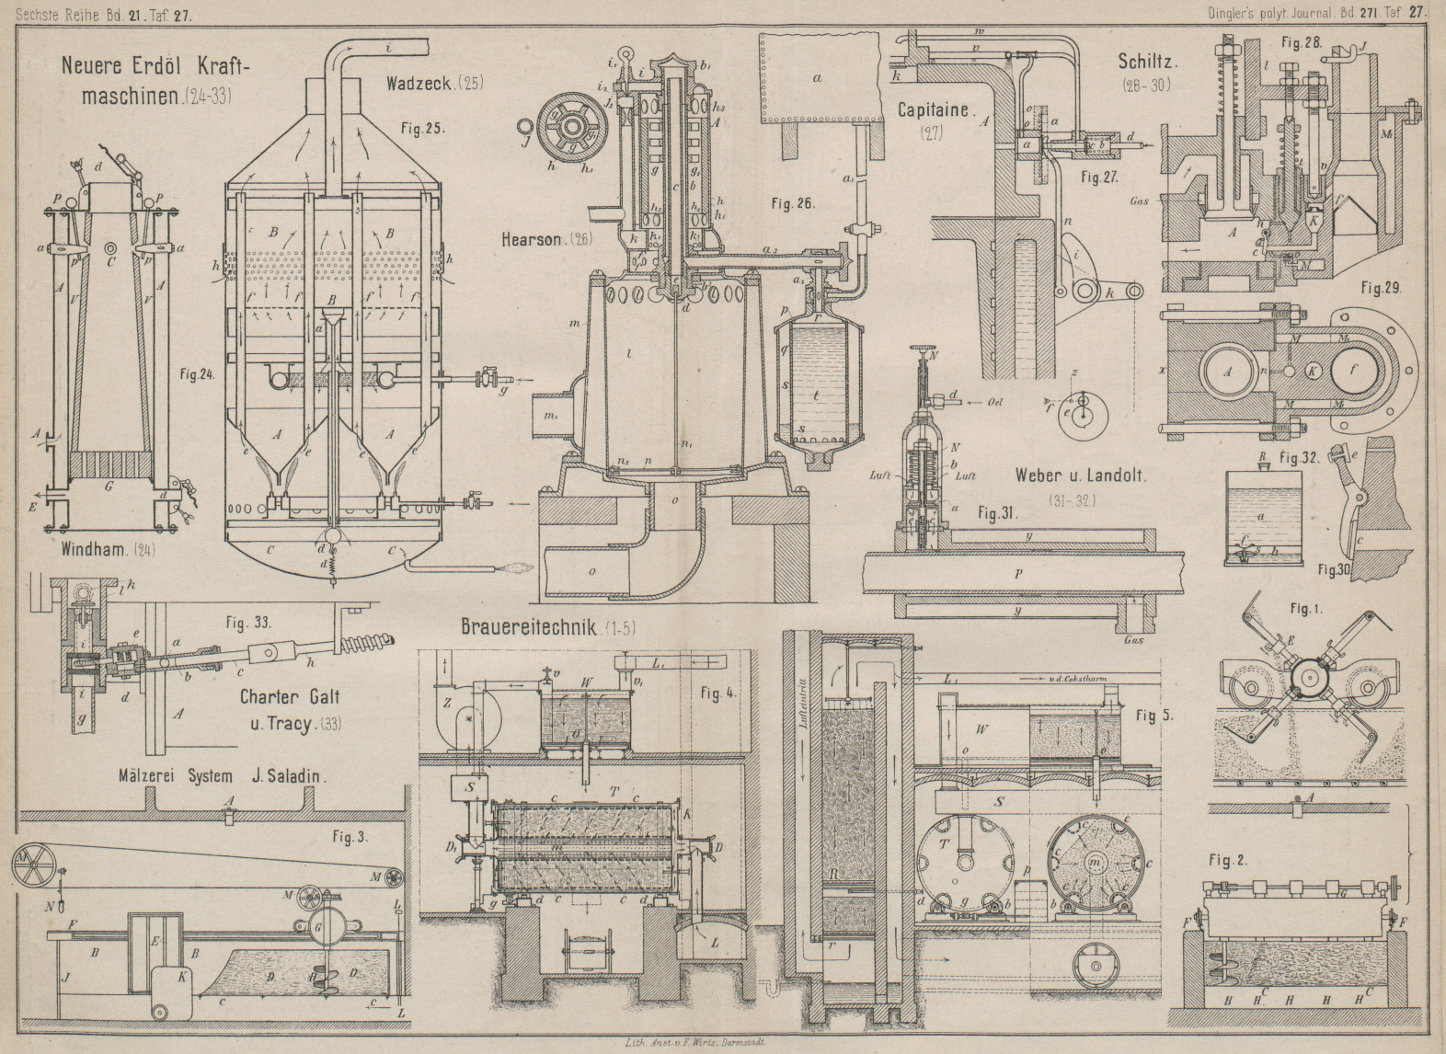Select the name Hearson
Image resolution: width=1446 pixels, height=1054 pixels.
tap(532, 240)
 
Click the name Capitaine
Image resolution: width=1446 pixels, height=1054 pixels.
tap(934, 110)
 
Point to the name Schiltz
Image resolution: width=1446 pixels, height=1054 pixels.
tap(1148, 63)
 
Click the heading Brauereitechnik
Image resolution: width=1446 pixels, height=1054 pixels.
tap(528, 628)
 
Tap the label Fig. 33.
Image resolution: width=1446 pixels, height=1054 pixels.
tap(248, 624)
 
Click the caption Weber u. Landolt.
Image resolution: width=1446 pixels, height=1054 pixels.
tap(1080, 475)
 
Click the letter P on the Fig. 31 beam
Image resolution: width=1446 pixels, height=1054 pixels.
tap(1019, 573)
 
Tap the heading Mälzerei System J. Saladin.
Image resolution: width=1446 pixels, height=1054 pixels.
tap(220, 775)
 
